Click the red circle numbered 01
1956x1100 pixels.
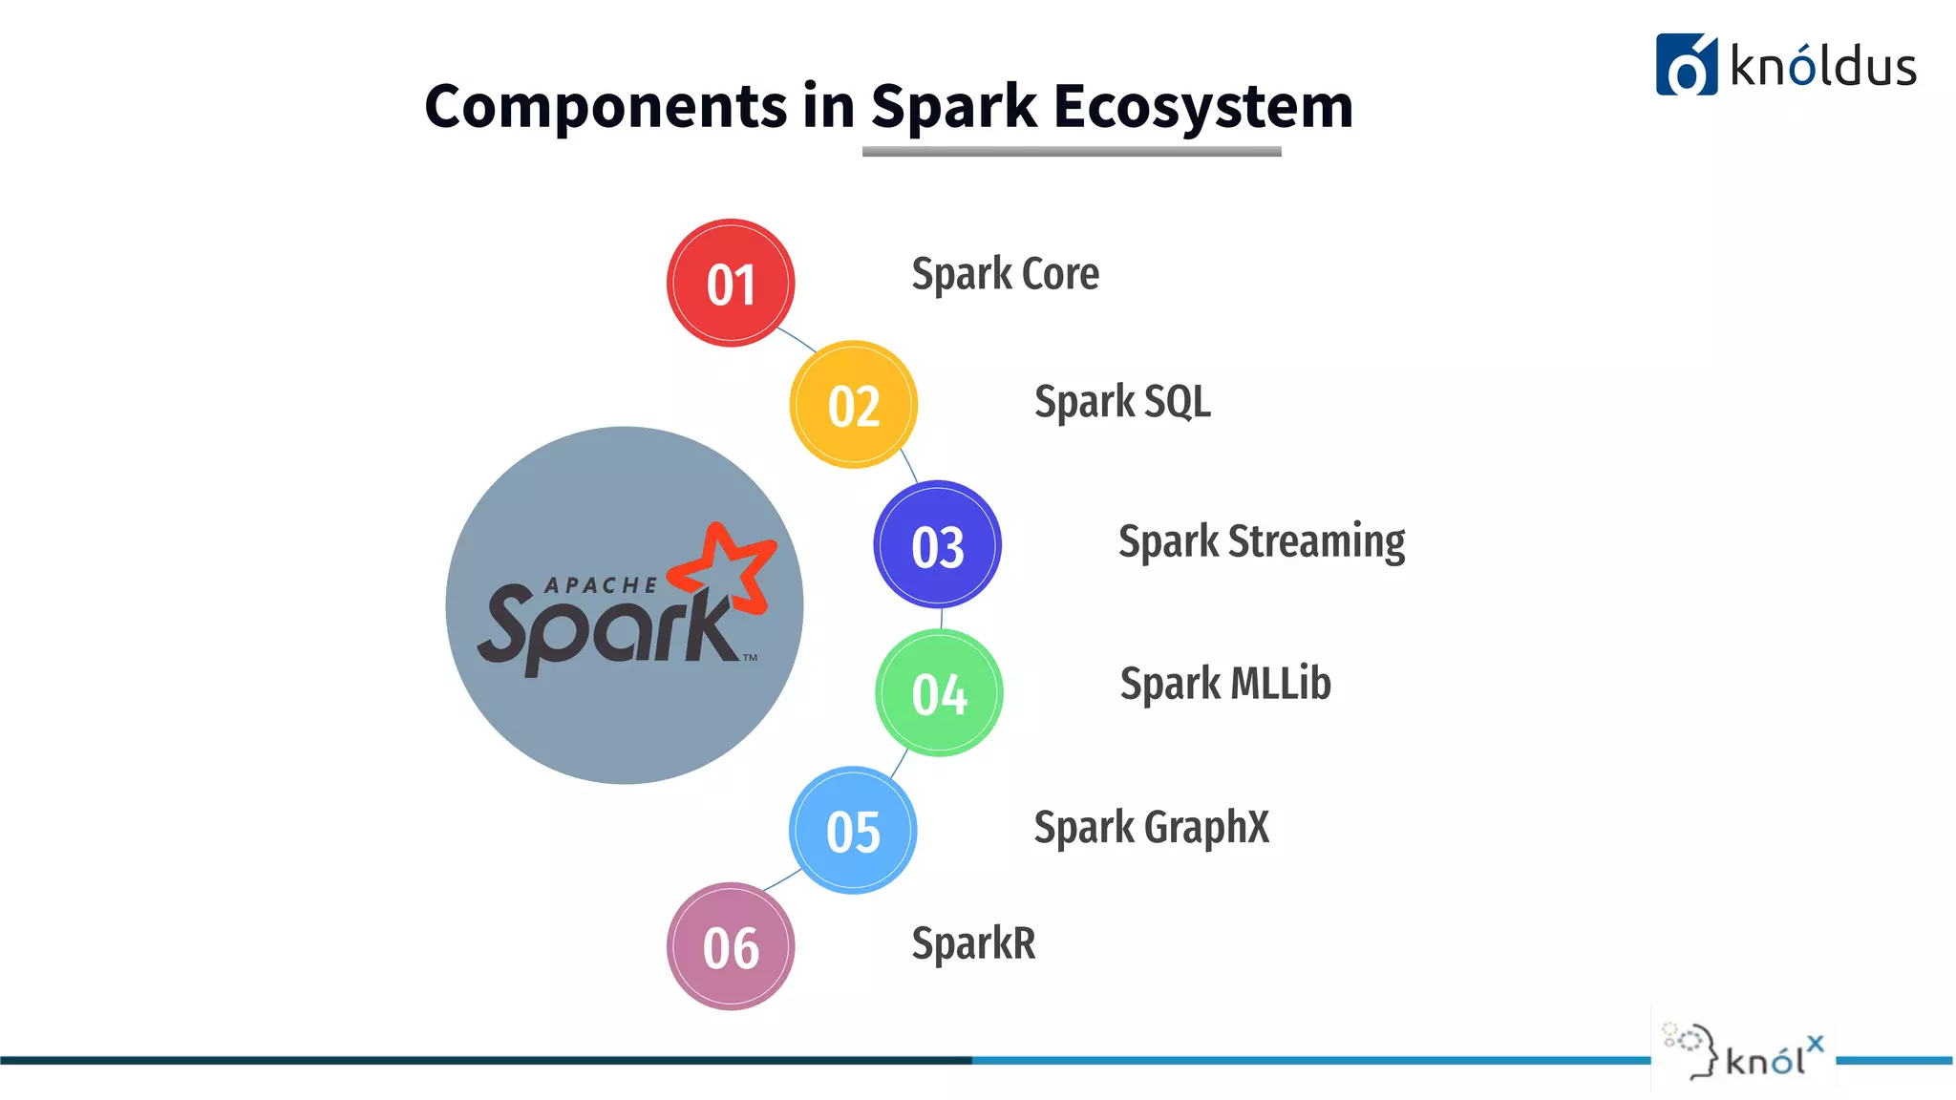[x=731, y=284]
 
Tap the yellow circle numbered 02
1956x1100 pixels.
[x=854, y=405]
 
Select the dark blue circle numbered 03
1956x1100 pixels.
[x=938, y=545]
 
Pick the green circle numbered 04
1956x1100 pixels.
[x=939, y=693]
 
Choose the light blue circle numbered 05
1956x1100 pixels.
[x=853, y=831]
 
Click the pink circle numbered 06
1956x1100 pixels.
[x=731, y=946]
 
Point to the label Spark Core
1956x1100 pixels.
[x=1005, y=274]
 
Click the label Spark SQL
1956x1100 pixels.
[x=1122, y=401]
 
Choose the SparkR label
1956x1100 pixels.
[x=973, y=943]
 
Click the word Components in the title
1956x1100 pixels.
[x=606, y=105]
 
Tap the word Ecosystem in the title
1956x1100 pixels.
[x=1202, y=105]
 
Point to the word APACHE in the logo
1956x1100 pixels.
[x=601, y=585]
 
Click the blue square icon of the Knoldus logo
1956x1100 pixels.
[x=1686, y=65]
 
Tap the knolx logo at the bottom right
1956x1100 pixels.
[x=1744, y=1054]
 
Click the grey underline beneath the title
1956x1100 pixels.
[x=1071, y=151]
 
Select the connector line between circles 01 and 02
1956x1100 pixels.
[x=797, y=340]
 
